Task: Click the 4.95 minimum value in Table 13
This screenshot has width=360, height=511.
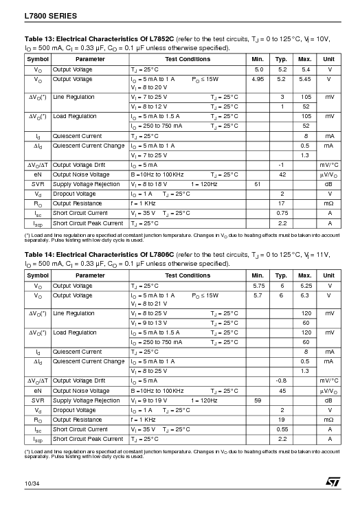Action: click(258, 80)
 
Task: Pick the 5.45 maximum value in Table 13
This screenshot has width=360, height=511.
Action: click(305, 80)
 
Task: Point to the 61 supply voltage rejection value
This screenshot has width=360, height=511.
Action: click(258, 184)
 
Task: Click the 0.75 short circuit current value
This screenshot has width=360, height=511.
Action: click(282, 213)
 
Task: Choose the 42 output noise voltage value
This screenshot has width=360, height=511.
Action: click(282, 174)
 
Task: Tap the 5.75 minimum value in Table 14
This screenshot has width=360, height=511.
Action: click(258, 285)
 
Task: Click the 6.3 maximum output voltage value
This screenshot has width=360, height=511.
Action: click(305, 295)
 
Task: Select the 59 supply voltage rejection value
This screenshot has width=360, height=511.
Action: click(258, 400)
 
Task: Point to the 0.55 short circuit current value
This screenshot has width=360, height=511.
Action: click(282, 429)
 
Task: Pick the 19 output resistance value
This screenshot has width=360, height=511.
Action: click(282, 419)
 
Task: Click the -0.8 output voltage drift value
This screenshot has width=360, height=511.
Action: click(281, 380)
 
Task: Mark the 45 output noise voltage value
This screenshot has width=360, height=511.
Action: click(282, 390)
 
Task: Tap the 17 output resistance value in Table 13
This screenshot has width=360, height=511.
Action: click(282, 203)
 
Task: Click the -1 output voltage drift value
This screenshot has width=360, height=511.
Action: click(281, 165)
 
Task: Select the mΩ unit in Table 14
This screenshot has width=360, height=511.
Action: click(329, 419)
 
